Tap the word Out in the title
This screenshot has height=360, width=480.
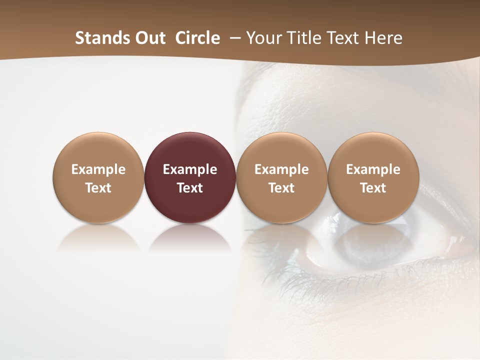tap(149, 38)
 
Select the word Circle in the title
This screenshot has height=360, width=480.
tap(197, 38)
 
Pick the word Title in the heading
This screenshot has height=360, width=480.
tap(305, 38)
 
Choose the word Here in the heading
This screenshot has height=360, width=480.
tap(384, 38)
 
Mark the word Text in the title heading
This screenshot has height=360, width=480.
tap(345, 38)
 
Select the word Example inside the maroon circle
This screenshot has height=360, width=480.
tap(190, 169)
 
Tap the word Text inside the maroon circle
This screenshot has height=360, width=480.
tap(190, 188)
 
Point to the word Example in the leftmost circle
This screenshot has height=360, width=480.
tap(98, 169)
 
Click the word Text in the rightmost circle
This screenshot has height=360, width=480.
tap(373, 188)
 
